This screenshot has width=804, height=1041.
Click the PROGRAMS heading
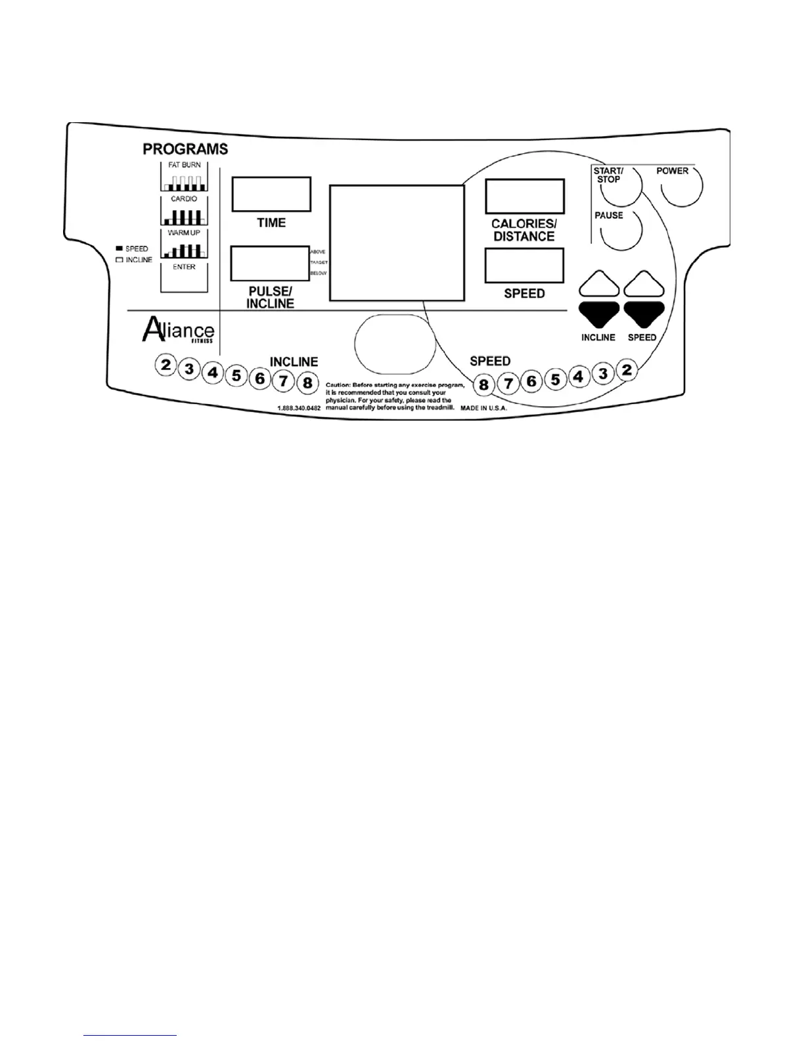(x=185, y=149)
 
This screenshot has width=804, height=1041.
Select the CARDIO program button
(x=184, y=210)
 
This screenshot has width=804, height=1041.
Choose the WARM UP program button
(x=184, y=244)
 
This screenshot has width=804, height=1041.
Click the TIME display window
(x=271, y=194)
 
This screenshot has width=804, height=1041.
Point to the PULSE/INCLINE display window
(x=269, y=264)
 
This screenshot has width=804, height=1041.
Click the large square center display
(x=396, y=243)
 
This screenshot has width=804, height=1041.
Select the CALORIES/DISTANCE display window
(x=524, y=196)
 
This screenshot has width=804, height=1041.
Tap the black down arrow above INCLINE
(x=599, y=314)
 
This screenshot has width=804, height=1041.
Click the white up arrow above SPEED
(x=644, y=284)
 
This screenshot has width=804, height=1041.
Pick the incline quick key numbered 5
(x=236, y=377)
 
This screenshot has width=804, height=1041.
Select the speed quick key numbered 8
(x=484, y=384)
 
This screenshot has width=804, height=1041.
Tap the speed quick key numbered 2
(x=627, y=370)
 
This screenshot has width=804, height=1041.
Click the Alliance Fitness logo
(x=177, y=330)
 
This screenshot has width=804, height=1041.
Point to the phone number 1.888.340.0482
(x=299, y=408)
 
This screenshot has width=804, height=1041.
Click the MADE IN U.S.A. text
(x=483, y=408)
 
